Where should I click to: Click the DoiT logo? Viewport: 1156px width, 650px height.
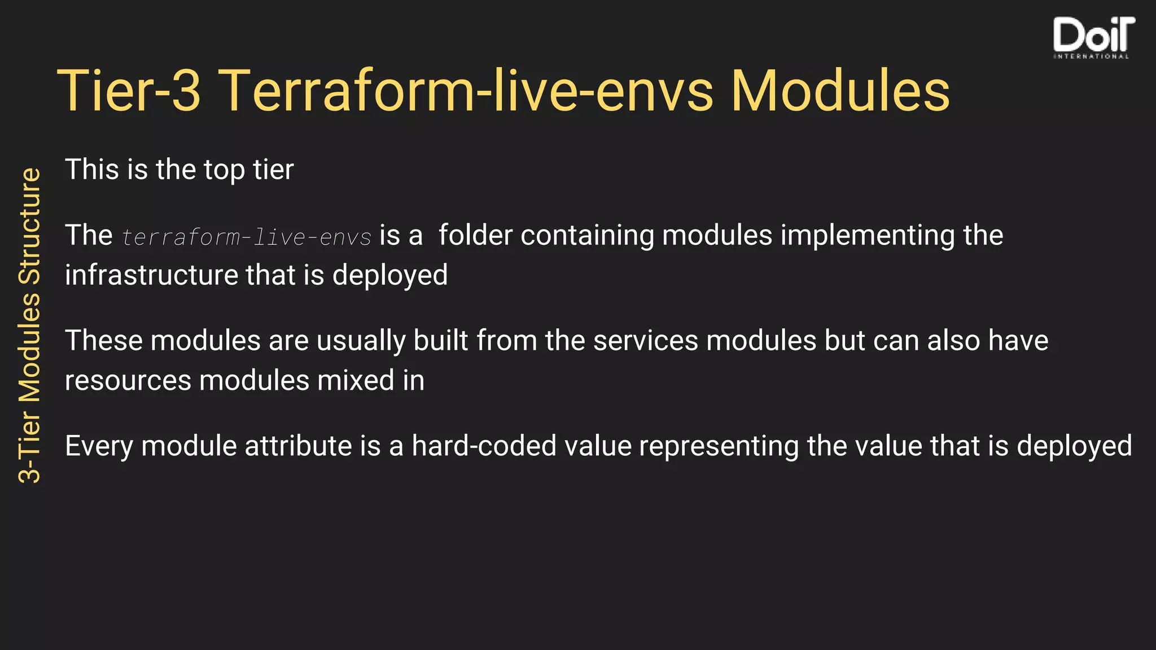[x=1093, y=35]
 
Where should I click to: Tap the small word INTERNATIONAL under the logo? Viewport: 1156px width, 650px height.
[x=1091, y=56]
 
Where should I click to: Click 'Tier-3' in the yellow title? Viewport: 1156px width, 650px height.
[x=129, y=91]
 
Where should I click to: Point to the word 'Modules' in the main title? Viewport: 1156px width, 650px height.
[x=840, y=91]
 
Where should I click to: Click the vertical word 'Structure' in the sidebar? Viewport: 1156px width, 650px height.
[x=30, y=226]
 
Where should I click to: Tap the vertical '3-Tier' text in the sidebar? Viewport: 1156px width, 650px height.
[x=30, y=446]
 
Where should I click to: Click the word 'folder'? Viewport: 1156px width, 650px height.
[x=475, y=235]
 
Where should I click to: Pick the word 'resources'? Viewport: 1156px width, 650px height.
[x=128, y=381]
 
